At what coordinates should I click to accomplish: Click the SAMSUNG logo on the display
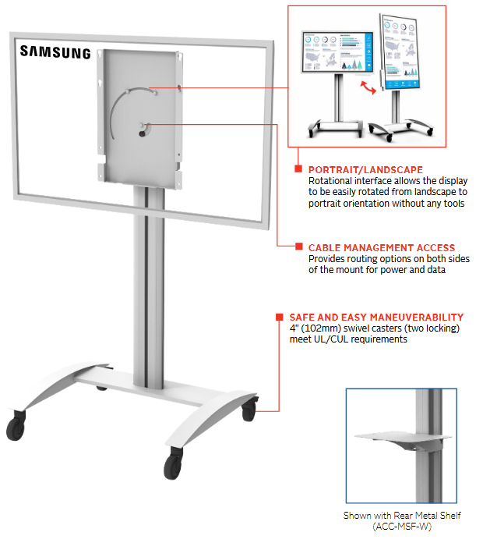tap(55, 53)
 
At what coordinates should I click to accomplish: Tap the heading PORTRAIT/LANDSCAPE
tap(365, 169)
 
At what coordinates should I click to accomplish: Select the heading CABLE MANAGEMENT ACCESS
tap(381, 247)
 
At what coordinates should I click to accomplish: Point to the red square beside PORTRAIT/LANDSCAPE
tap(298, 169)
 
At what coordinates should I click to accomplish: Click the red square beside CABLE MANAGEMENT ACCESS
tap(298, 247)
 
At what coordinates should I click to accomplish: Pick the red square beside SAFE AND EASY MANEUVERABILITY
tap(278, 318)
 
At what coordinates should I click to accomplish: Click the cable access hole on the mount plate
tap(143, 130)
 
